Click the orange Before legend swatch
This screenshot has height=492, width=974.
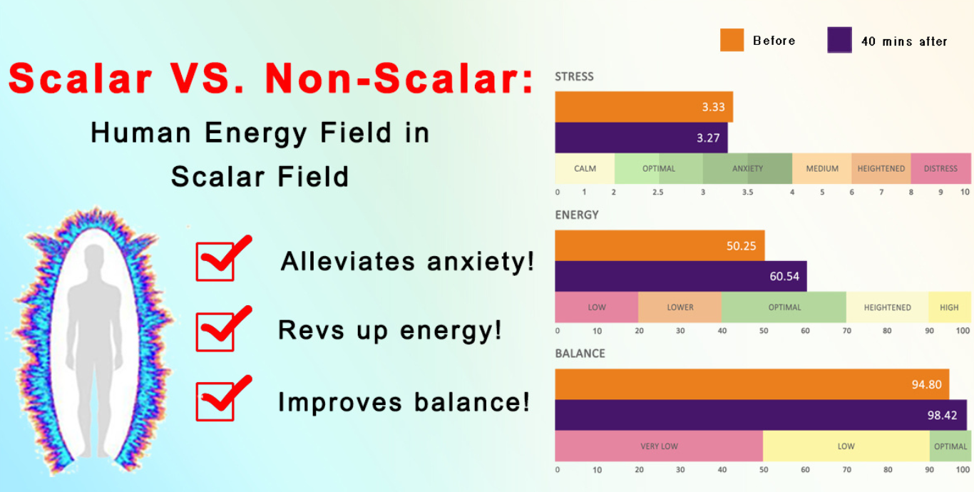(x=732, y=40)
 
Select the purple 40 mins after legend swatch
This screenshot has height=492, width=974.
(x=839, y=40)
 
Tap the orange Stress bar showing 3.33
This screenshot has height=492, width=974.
(x=644, y=107)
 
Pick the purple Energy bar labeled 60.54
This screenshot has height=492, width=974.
(x=681, y=276)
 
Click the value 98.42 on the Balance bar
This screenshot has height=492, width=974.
(x=942, y=416)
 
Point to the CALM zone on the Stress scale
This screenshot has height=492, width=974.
(x=585, y=168)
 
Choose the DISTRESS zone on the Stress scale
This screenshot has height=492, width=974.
(x=941, y=168)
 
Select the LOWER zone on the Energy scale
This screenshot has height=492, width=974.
(x=680, y=307)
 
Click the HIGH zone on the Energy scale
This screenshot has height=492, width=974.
(x=950, y=307)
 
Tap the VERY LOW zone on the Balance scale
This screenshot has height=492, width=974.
(x=659, y=446)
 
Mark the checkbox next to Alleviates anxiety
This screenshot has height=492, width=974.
(x=215, y=262)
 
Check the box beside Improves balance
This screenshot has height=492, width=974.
(x=215, y=401)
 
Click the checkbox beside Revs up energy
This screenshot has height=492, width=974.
(x=215, y=332)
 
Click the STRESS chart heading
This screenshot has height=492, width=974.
(x=574, y=76)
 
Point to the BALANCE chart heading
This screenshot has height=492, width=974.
(x=580, y=353)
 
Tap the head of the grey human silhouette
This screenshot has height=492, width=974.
(x=94, y=257)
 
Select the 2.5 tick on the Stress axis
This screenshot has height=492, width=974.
(x=658, y=192)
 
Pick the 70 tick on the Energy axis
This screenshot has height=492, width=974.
(x=846, y=331)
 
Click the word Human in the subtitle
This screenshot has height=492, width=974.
(x=141, y=133)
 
